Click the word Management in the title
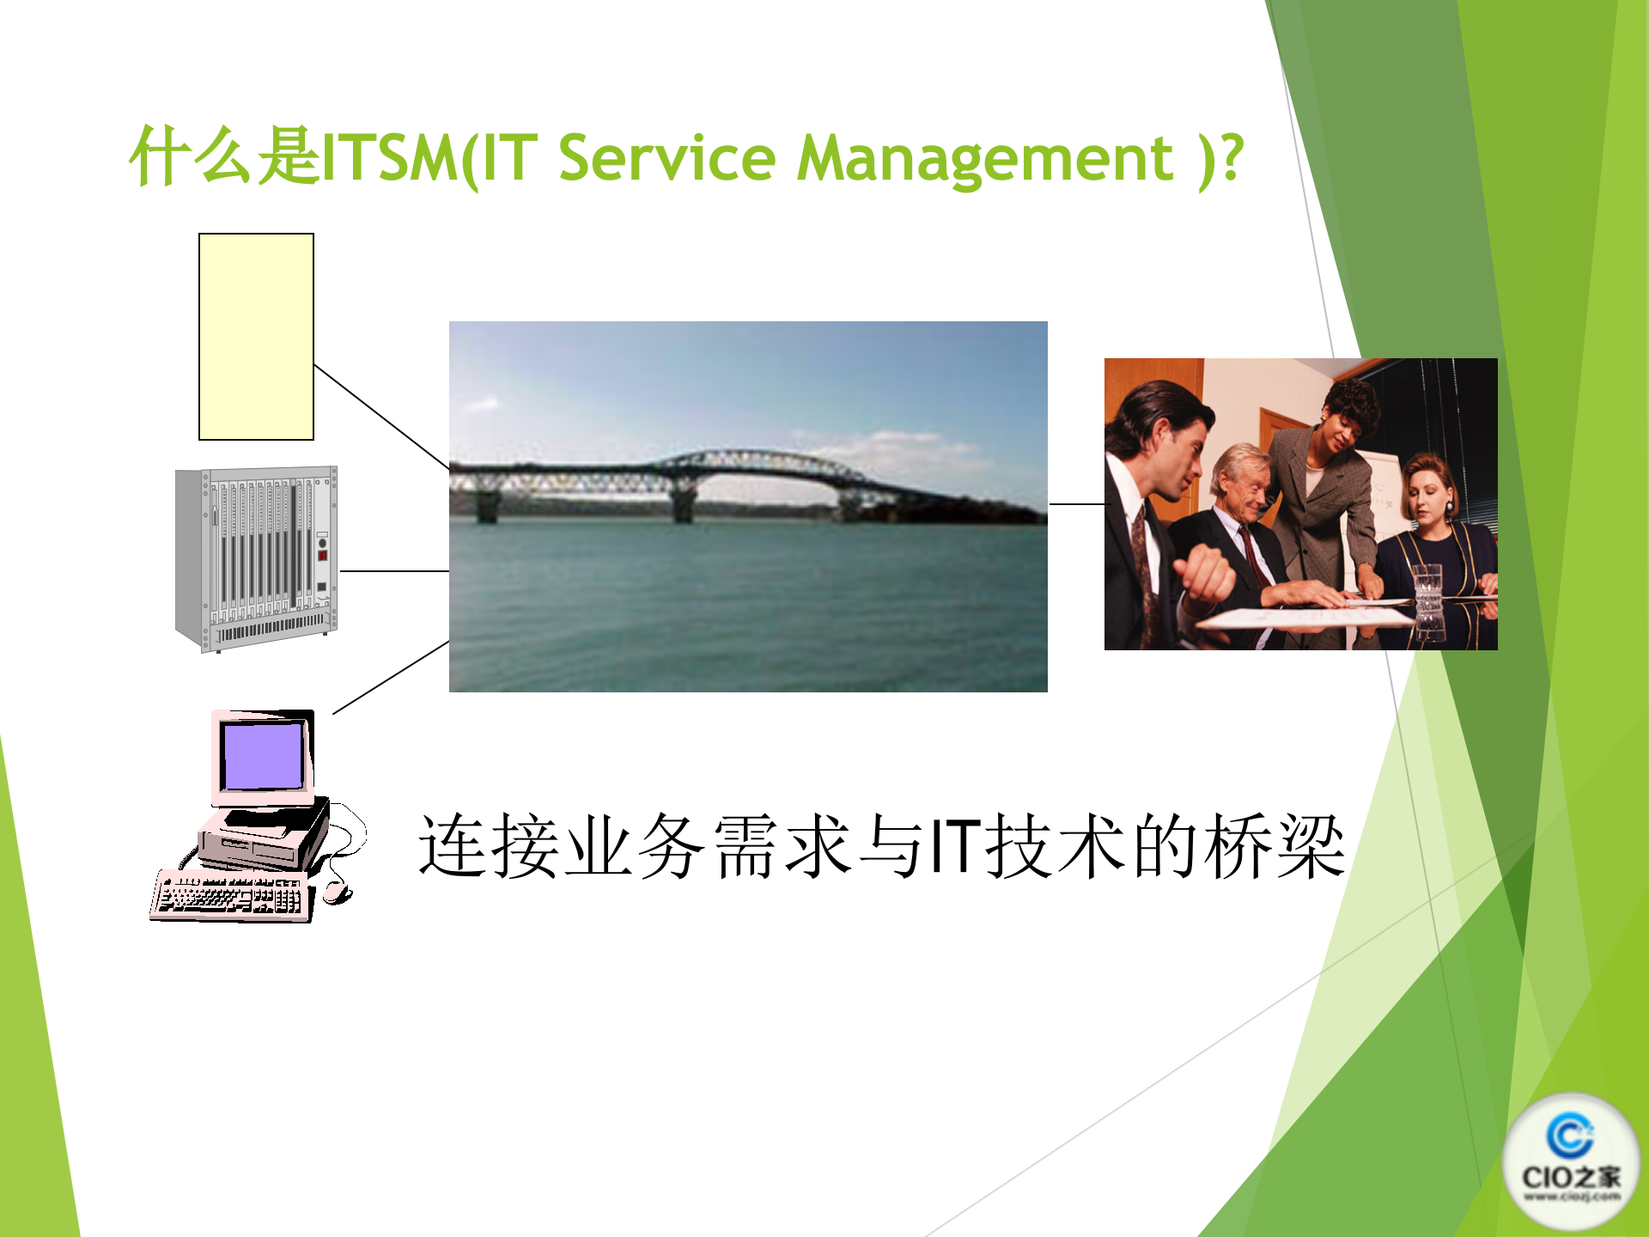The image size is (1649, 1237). coord(984,160)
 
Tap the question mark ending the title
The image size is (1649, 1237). coord(1232,158)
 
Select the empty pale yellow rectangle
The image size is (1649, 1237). coord(256,337)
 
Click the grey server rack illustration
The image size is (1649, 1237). coord(256,559)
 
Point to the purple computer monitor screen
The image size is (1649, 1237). coord(262,756)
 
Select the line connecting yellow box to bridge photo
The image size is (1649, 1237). coord(381,417)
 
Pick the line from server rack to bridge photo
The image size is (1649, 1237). coord(394,570)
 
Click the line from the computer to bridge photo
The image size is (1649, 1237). coord(391,677)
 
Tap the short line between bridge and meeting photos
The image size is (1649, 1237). coord(1076,504)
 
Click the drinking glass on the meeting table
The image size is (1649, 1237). coord(1427,593)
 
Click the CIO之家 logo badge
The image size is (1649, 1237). coord(1571,1160)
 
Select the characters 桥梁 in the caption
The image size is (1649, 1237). coord(1275,847)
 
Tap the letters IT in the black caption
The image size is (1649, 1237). coord(956,847)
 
